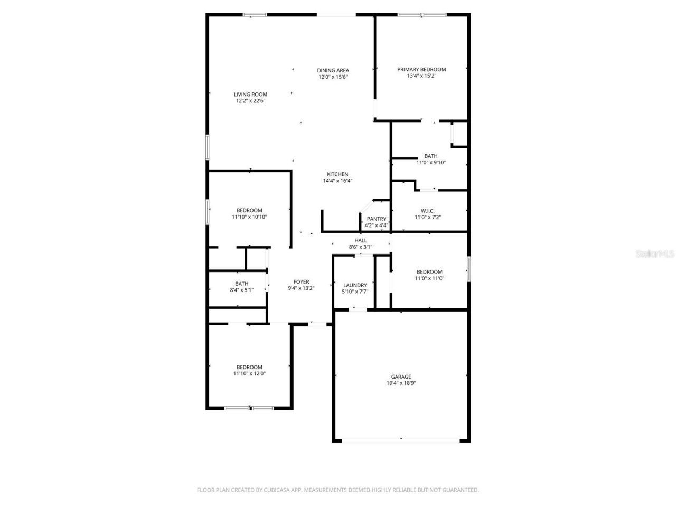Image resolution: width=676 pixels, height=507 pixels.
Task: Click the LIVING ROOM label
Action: (250, 95)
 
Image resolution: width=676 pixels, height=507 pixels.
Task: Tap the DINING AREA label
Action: (333, 70)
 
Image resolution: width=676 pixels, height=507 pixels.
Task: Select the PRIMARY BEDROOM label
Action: (421, 69)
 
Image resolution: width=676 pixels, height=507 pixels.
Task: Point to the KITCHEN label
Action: (337, 174)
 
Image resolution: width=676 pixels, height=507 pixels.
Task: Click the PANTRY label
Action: (377, 219)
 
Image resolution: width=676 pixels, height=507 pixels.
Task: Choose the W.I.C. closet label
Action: (428, 211)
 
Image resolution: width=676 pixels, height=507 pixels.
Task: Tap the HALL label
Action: (361, 240)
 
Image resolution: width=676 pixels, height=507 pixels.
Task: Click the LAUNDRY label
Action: (355, 285)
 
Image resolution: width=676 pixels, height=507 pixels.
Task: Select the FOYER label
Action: (301, 282)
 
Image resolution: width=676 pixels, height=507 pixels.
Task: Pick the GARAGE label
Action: (401, 377)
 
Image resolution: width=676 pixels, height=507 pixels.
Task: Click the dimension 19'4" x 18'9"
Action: (401, 383)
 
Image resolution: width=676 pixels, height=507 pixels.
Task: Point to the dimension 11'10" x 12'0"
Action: (249, 373)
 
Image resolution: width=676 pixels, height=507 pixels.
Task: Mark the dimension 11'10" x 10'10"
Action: (249, 217)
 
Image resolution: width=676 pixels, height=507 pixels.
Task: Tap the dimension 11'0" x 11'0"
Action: (429, 278)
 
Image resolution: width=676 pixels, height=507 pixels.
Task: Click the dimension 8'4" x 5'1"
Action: (241, 290)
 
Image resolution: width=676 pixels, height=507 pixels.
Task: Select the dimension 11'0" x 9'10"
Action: (431, 163)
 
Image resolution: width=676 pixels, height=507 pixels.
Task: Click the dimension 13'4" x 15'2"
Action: (421, 76)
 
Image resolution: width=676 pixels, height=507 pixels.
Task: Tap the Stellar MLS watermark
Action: (655, 254)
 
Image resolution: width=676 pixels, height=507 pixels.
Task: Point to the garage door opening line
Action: (401, 440)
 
